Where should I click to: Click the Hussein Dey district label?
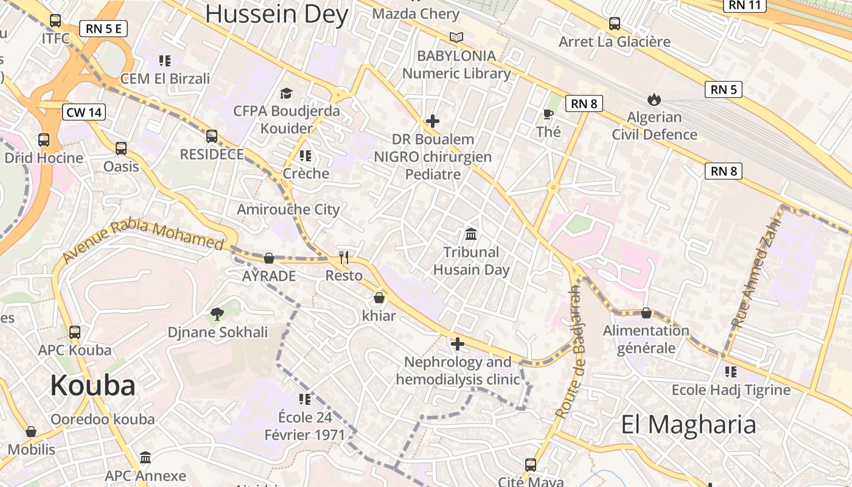click(x=277, y=14)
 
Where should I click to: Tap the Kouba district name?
click(x=93, y=385)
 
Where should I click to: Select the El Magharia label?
click(x=688, y=424)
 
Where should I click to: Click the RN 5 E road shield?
click(x=103, y=29)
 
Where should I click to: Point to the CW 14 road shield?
click(x=84, y=112)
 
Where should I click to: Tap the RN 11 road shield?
click(x=745, y=5)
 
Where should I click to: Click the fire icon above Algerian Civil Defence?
click(x=654, y=99)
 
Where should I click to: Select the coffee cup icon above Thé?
click(x=548, y=114)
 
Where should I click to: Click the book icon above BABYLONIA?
click(x=456, y=38)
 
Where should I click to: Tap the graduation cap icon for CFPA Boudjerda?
click(x=286, y=93)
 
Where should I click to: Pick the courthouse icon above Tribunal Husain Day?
click(x=471, y=234)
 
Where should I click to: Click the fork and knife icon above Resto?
click(x=344, y=258)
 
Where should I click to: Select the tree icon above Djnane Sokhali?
click(x=217, y=314)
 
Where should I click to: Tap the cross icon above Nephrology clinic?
click(x=458, y=345)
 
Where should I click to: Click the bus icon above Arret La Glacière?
click(x=615, y=24)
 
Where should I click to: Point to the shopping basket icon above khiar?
click(x=379, y=298)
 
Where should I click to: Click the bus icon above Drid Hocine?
click(x=44, y=139)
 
